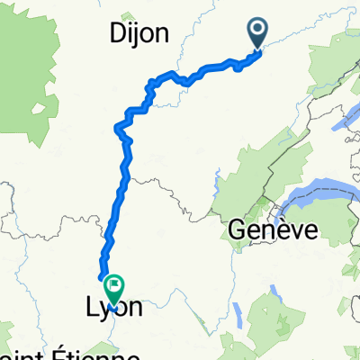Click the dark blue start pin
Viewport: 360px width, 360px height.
[x=257, y=34]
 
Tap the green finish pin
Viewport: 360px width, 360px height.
[x=115, y=289]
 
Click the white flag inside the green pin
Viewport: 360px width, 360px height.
[x=115, y=285]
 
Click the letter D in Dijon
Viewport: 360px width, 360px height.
[x=117, y=34]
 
